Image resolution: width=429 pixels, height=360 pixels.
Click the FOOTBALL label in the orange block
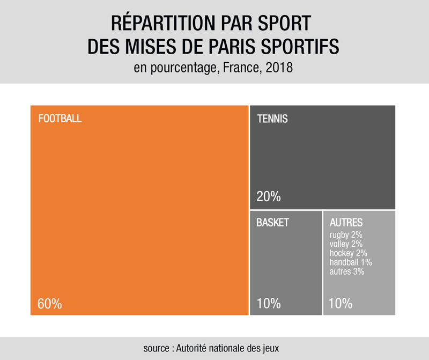60,119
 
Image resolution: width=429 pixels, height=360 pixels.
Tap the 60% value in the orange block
50,304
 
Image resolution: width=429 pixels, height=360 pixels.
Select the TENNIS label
272,119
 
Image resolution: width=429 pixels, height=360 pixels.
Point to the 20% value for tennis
269,196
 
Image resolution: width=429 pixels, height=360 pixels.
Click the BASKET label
272,223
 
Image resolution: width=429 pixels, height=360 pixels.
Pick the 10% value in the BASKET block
269,304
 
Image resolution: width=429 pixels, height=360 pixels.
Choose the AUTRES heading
346,223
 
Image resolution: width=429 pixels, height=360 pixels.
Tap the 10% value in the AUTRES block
340,304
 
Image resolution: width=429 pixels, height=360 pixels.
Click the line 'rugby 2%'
346,235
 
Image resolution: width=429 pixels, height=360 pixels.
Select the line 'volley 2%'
346,244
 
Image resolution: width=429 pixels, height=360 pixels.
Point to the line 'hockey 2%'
348,253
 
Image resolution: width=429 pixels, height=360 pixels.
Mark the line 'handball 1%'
351,262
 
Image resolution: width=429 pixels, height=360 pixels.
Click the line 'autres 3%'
347,271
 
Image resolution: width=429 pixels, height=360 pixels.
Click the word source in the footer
157,348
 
